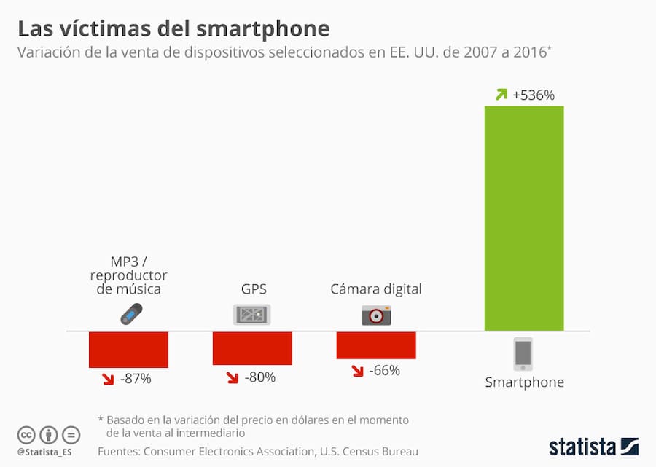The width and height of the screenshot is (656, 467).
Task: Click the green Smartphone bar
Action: pos(524,219)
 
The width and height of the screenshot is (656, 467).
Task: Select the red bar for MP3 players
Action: pos(128,350)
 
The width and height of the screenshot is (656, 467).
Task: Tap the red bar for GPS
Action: pos(252,348)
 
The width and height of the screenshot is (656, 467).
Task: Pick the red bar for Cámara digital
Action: pos(376,345)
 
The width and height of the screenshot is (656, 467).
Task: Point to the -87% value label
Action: pos(136,378)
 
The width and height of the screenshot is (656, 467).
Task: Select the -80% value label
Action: pos(259,377)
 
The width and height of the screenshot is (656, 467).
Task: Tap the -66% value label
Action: pos(384,370)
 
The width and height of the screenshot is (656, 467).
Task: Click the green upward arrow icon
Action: pos(501,94)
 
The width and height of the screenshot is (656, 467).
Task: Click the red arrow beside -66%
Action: pos(357,371)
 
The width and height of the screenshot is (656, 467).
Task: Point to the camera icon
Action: pos(376,315)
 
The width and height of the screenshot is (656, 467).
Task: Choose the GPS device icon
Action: pos(251,315)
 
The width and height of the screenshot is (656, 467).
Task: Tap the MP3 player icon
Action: pos(131,314)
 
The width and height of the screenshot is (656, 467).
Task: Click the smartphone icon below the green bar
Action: pos(523,354)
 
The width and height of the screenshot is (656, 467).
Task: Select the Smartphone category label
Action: pos(525,382)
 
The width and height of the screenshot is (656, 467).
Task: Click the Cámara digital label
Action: pos(376,289)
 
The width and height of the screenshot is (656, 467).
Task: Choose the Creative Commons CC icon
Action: pos(26,434)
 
